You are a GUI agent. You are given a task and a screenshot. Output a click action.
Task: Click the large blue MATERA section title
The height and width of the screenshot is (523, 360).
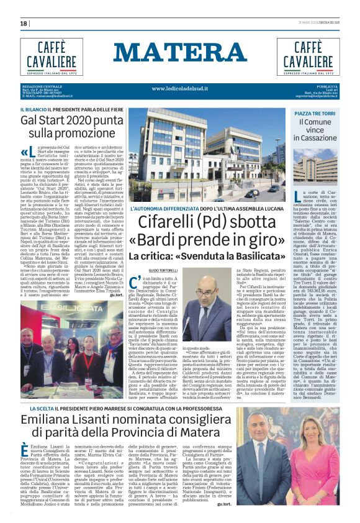179,53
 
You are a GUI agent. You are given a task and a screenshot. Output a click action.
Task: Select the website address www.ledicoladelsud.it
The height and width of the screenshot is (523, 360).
180,88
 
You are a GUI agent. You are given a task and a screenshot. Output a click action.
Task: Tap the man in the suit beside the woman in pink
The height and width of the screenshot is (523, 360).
318,466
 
